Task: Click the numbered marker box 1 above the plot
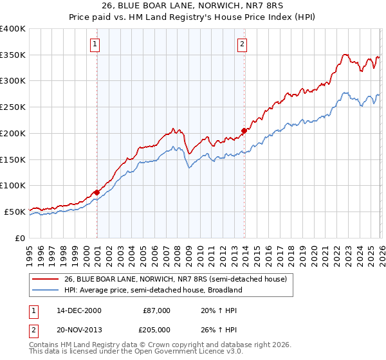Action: [x=95, y=44]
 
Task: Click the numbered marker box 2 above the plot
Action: [x=242, y=44]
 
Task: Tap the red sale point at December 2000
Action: [x=97, y=192]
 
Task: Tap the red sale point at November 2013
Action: [x=244, y=130]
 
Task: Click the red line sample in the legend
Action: [x=45, y=279]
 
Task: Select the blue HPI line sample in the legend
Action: [x=45, y=290]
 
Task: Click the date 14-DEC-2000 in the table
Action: [x=79, y=310]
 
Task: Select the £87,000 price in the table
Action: [x=156, y=310]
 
